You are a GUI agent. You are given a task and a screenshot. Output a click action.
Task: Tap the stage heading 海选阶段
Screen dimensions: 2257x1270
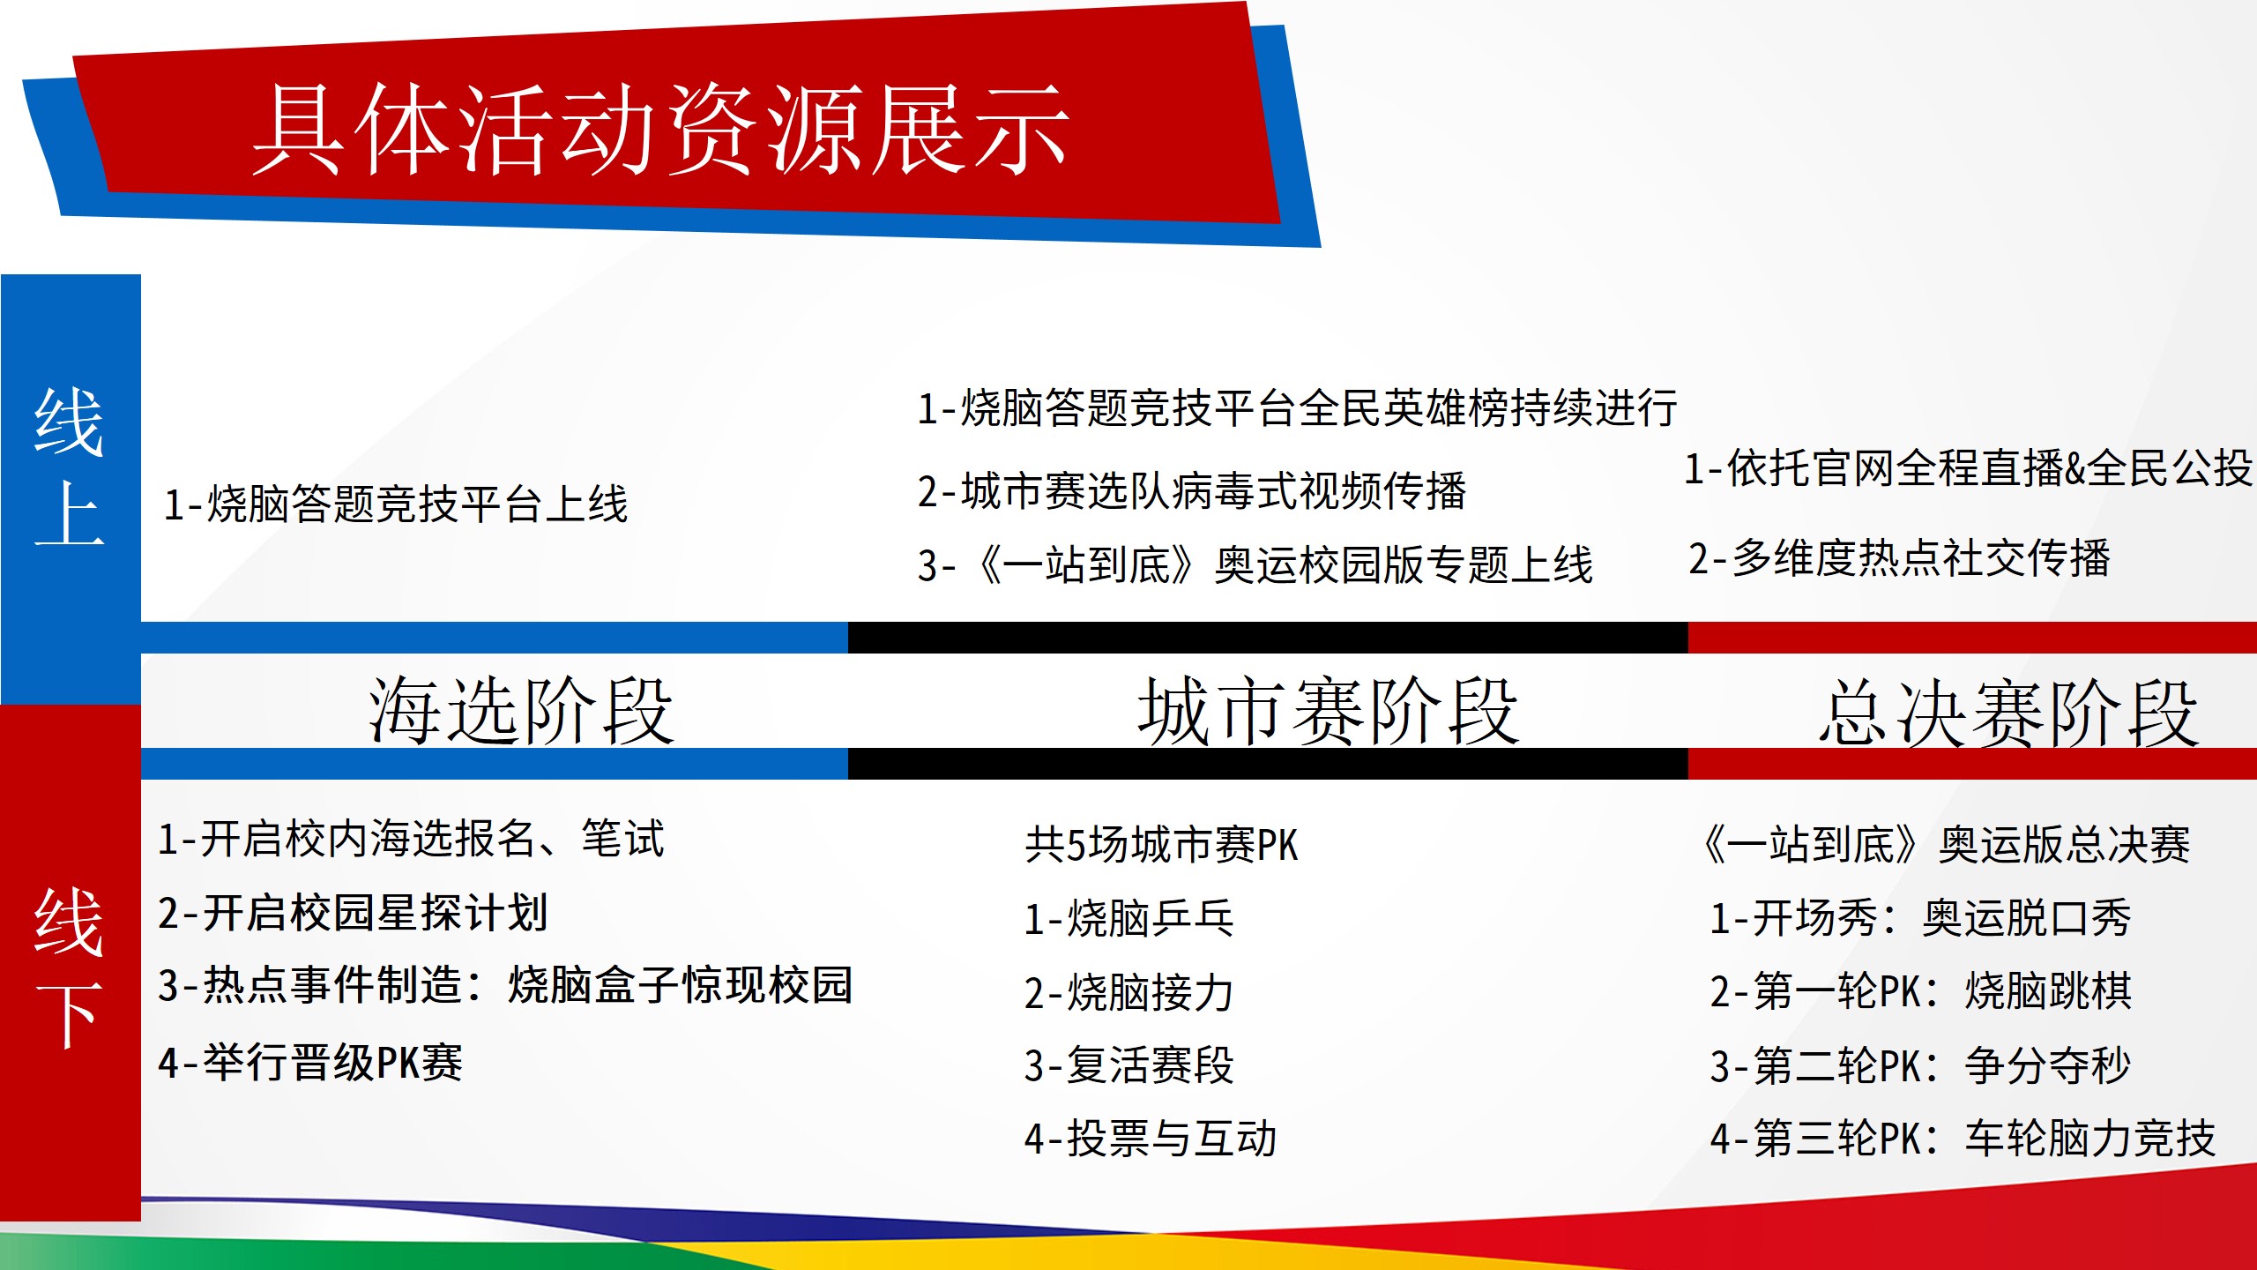tap(521, 711)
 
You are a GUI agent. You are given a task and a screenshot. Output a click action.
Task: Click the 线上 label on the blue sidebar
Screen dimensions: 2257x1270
tap(70, 467)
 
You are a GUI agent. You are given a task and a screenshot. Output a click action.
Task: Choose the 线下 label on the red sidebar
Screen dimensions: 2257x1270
tap(70, 967)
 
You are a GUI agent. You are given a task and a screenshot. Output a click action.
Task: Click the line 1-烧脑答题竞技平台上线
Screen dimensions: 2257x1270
tap(396, 504)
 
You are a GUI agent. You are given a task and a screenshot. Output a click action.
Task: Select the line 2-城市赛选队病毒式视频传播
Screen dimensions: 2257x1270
tap(1192, 491)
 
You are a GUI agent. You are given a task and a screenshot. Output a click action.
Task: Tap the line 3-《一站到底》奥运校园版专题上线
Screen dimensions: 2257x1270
tap(1255, 565)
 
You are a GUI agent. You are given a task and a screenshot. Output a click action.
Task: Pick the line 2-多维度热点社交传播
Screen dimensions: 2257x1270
tap(1899, 558)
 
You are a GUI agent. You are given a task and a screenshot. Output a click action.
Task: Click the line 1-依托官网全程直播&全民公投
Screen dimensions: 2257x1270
tap(1969, 468)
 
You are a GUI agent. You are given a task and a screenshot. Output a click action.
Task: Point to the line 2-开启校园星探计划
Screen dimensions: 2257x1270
tap(354, 913)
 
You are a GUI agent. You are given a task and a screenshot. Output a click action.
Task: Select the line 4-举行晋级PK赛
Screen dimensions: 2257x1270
tap(310, 1063)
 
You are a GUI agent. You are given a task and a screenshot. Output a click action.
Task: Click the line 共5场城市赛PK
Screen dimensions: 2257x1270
tap(1161, 845)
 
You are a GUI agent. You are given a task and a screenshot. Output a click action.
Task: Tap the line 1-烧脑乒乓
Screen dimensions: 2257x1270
tap(1128, 919)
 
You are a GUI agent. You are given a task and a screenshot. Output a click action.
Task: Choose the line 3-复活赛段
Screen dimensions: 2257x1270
tap(1128, 1065)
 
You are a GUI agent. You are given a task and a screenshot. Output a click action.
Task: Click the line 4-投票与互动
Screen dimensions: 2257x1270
tap(1151, 1139)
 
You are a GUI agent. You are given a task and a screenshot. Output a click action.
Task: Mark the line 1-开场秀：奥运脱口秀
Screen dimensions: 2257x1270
tap(1920, 918)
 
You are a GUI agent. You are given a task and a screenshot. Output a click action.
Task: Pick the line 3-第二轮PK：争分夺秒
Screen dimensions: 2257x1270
tap(1920, 1065)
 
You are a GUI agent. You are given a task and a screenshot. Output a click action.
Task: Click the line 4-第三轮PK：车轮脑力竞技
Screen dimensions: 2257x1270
tap(1963, 1139)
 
